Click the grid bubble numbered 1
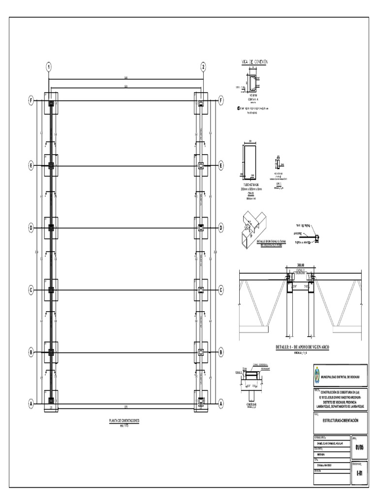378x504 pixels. [49, 66]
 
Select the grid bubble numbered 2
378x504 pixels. [203, 66]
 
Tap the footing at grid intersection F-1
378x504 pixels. [51, 104]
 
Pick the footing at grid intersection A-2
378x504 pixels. [201, 401]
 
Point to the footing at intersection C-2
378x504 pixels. [201, 290]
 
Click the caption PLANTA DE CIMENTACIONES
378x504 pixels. [124, 421]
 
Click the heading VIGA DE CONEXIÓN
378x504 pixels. [254, 62]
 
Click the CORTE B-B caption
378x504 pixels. [251, 405]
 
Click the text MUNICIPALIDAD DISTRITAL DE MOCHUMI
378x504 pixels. [341, 377]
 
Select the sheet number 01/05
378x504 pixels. [360, 447]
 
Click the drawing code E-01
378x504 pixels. [360, 473]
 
